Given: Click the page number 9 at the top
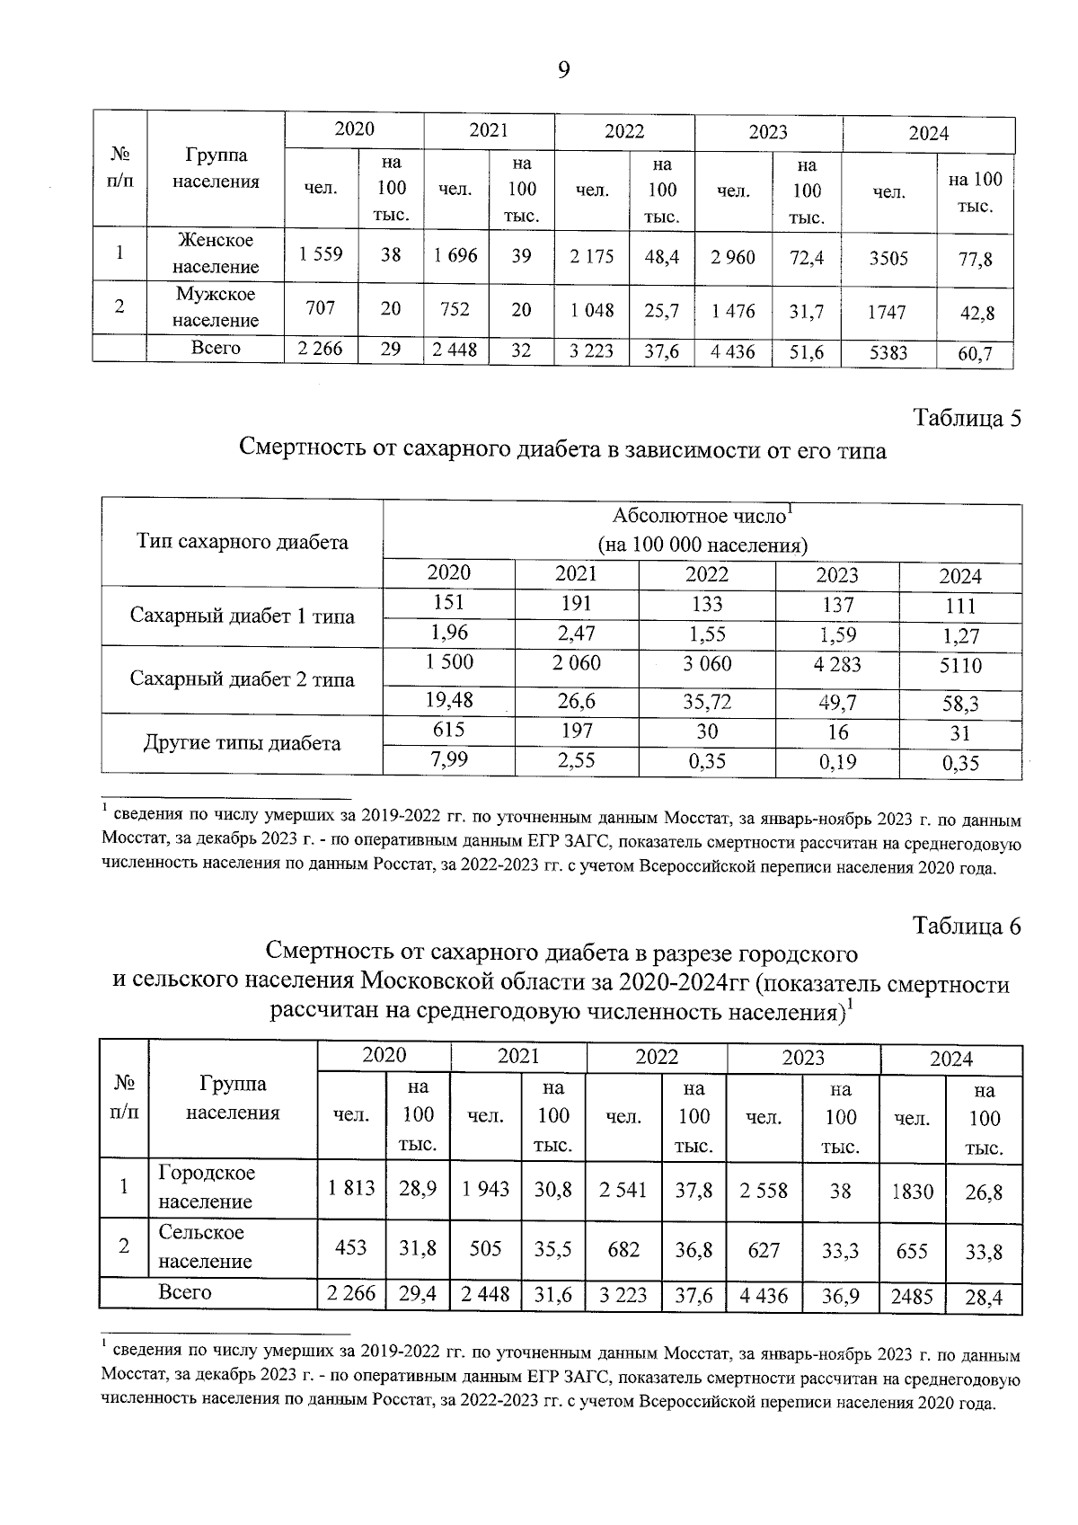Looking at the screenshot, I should pos(563,70).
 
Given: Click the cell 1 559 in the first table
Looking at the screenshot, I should pos(321,255).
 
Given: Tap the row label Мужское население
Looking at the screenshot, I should pos(216,307).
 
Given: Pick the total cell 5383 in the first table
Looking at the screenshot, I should pos(888,354).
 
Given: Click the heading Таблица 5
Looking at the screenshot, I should pos(967,419).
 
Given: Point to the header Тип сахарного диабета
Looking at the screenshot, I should pos(243,542).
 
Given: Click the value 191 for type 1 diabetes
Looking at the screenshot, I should pos(576,604).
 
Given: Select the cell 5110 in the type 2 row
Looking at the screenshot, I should pos(960,666).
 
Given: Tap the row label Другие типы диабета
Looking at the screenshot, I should pos(243,743).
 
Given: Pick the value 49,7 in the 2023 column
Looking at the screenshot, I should pos(836,701).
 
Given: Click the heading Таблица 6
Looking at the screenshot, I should pos(967,927).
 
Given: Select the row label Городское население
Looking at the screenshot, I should pos(207,1187).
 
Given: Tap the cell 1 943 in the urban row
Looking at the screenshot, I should pos(485,1190).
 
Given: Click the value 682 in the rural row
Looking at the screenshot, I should pos(623,1249).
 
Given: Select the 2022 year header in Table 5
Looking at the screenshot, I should pos(707,574).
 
